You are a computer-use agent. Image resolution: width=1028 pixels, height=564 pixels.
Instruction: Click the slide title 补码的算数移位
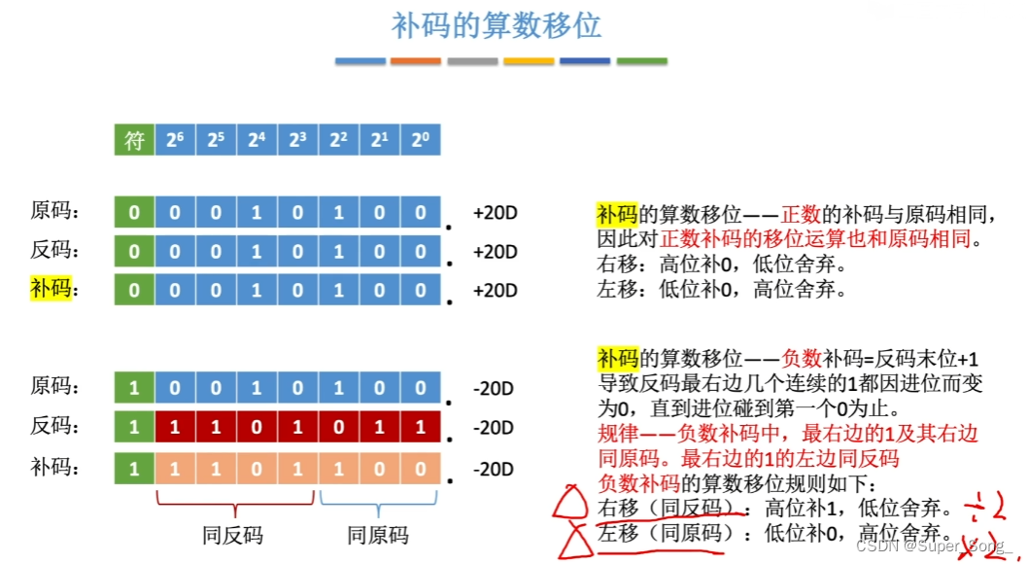coord(497,25)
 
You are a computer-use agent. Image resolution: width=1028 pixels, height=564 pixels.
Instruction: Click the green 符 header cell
coord(134,140)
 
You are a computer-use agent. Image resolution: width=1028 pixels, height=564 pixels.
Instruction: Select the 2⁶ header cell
coord(175,140)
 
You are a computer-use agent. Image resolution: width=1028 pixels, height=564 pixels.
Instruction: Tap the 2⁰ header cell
coord(420,140)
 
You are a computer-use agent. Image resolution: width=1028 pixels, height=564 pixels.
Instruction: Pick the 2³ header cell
coord(297,140)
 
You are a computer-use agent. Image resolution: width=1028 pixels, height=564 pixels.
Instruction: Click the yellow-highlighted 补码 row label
coord(51,289)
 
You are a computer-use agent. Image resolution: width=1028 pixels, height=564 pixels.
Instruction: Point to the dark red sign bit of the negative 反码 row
coord(134,427)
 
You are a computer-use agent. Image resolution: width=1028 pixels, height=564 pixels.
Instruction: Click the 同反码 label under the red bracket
coord(233,535)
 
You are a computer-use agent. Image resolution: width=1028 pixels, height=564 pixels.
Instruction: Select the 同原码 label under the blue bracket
coord(378,535)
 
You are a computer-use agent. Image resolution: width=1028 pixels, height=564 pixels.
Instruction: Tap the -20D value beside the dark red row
coord(493,428)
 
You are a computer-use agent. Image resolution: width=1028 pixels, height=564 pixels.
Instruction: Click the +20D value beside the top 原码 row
coord(495,212)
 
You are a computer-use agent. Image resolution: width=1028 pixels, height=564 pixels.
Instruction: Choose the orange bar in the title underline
coord(416,61)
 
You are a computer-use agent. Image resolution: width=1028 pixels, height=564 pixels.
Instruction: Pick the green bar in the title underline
coord(642,61)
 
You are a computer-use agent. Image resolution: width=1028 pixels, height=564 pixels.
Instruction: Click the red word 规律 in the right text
coord(618,434)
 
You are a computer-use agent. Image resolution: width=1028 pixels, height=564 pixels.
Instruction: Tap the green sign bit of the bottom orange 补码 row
coord(134,469)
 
